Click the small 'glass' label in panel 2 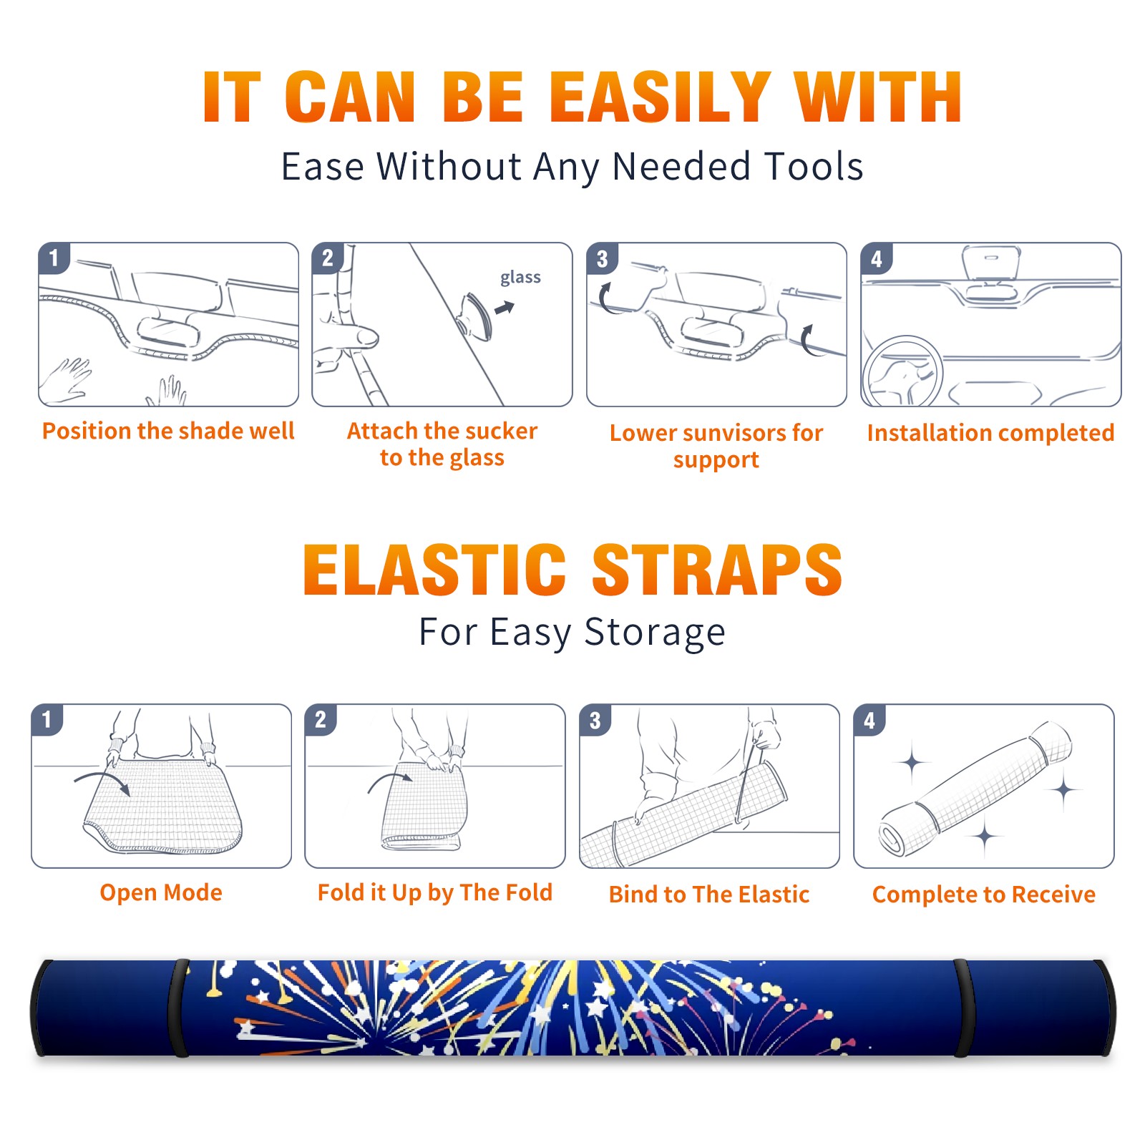click(x=520, y=278)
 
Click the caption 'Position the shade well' click(x=168, y=431)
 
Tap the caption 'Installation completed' click(x=990, y=433)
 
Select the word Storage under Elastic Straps click(x=655, y=633)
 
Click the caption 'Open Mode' click(x=161, y=892)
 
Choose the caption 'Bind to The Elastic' click(x=709, y=895)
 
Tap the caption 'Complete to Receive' click(x=984, y=895)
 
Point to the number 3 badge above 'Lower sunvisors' click(x=602, y=258)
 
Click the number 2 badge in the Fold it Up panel click(x=321, y=719)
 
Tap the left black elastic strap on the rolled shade click(x=179, y=1008)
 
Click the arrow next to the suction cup click(x=505, y=308)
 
